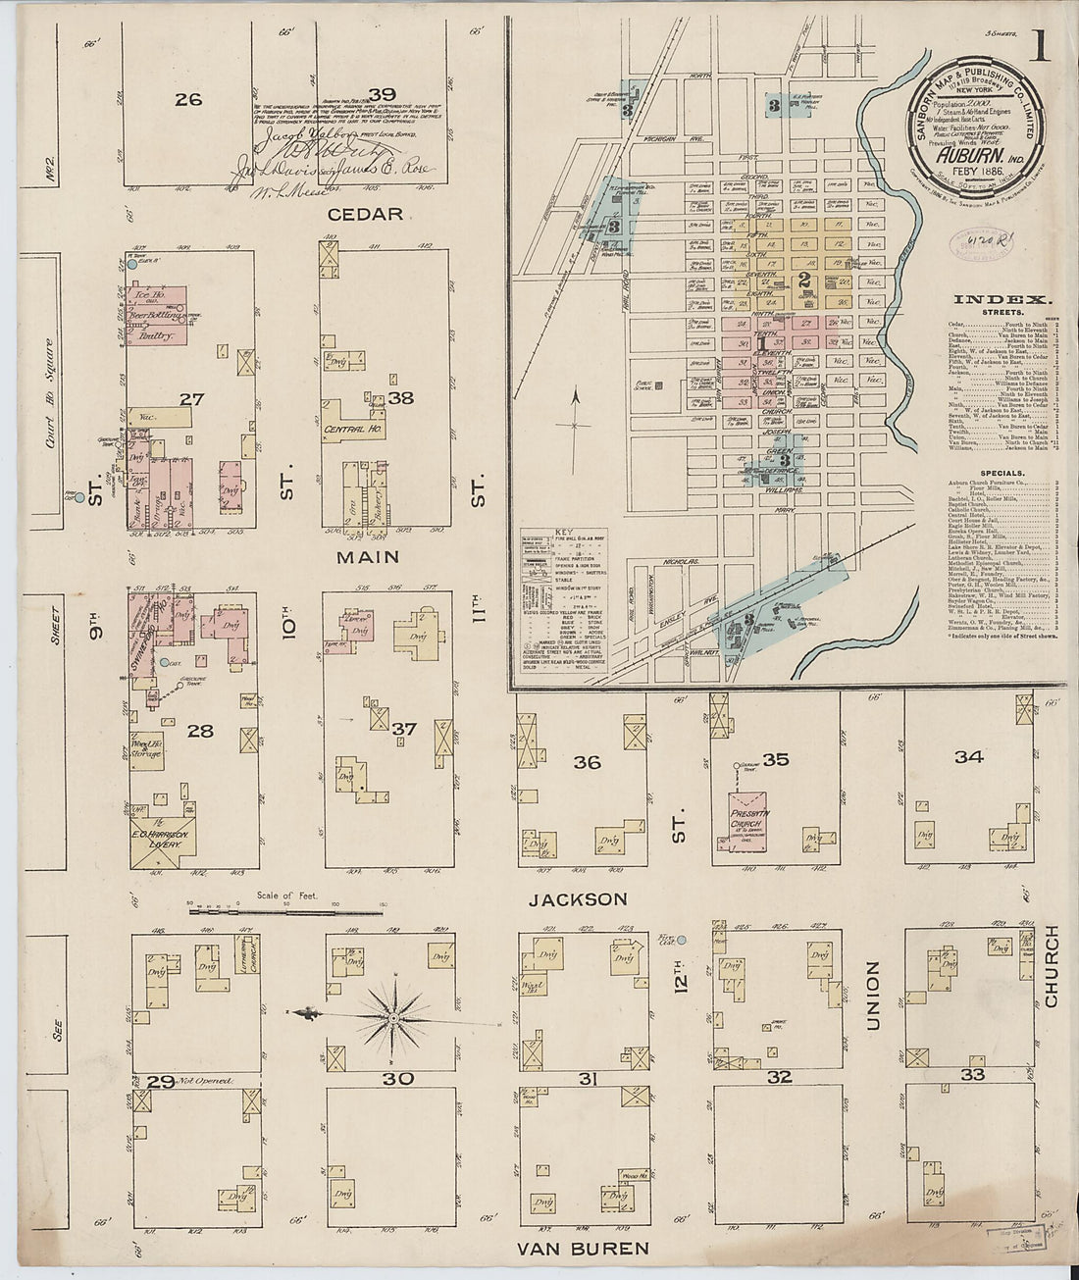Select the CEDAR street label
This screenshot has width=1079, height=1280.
point(366,214)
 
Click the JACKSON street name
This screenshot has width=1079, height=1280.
point(577,899)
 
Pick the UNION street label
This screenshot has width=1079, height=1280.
point(872,995)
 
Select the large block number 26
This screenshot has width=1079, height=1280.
point(188,98)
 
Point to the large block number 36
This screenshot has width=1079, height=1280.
point(587,762)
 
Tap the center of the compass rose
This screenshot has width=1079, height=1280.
point(393,1018)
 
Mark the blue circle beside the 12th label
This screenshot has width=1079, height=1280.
point(683,941)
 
